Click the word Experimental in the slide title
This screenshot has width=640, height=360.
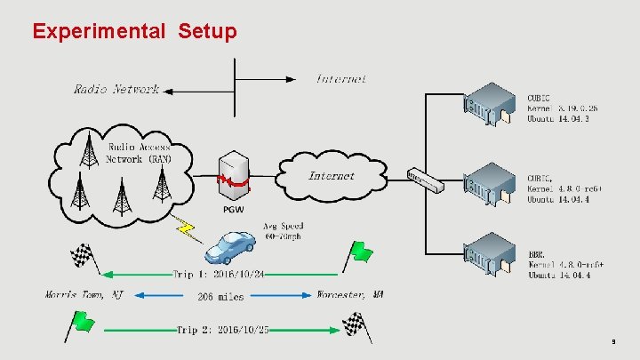[x=98, y=32]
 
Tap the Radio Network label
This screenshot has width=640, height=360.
[x=116, y=89]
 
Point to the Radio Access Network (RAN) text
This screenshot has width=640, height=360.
[x=139, y=153]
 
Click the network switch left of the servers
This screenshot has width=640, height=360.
[x=425, y=180]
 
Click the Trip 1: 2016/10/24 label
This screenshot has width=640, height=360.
[x=220, y=274]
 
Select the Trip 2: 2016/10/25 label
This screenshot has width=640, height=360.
[x=223, y=330]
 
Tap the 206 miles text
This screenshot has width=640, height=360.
[x=220, y=296]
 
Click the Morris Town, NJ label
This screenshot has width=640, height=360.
[x=84, y=294]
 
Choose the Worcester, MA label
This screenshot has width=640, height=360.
[x=350, y=294]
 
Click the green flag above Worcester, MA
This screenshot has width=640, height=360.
[x=358, y=253]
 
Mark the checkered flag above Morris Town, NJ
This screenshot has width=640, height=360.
[x=83, y=259]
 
